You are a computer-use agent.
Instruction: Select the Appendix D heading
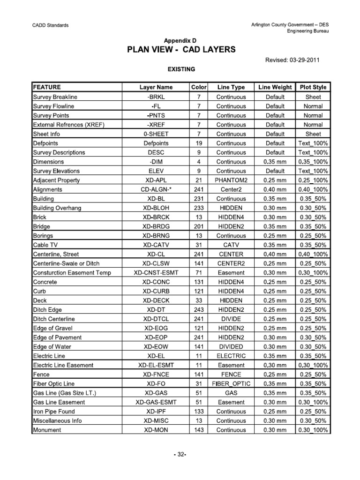tap(180, 41)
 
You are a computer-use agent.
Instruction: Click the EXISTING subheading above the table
tap(181, 69)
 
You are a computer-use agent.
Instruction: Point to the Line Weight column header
tap(275, 87)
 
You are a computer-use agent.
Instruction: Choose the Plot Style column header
tap(313, 87)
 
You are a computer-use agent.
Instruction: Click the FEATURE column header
tap(47, 87)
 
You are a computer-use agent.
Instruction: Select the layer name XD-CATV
tap(156, 245)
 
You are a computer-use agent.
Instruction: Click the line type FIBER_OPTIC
tap(231, 383)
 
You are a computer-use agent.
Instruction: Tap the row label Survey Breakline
tap(54, 97)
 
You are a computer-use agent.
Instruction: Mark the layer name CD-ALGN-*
tap(156, 189)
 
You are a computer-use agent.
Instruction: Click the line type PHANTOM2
tap(231, 180)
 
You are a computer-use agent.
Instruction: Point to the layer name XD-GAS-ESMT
tap(156, 402)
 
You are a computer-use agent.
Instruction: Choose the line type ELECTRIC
tap(231, 356)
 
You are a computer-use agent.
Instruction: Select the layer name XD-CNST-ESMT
tap(156, 272)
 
